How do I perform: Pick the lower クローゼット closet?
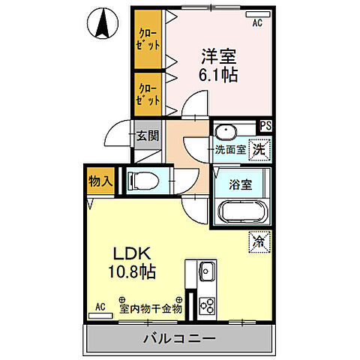(x=148, y=93)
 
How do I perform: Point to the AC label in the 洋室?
(x=257, y=23)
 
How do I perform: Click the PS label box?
(x=265, y=126)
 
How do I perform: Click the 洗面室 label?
(x=230, y=149)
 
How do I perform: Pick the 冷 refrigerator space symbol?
(x=259, y=242)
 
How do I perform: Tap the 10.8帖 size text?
(x=133, y=272)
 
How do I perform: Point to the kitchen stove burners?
(x=206, y=304)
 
